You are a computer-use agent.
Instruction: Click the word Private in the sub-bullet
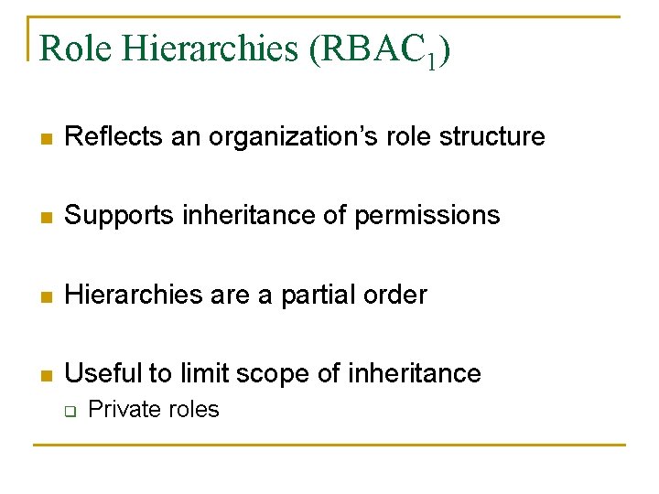[117, 410]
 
